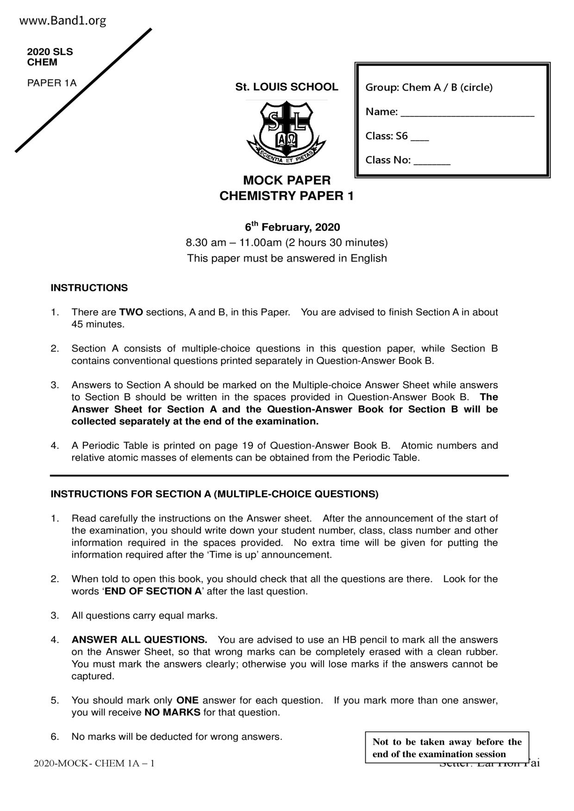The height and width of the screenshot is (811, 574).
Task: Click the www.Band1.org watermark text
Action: (63, 21)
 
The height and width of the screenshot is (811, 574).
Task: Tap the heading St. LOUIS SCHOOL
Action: (287, 87)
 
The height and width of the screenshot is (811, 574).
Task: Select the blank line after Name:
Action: (467, 113)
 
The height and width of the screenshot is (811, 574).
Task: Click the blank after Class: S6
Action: (419, 137)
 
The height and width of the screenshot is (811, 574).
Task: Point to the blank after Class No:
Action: (431, 161)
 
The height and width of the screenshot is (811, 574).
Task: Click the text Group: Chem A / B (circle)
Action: (429, 87)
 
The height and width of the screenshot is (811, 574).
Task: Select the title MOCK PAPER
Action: (287, 180)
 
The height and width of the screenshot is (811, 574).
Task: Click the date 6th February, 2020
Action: (292, 227)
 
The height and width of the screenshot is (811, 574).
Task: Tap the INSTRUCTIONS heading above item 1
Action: (89, 288)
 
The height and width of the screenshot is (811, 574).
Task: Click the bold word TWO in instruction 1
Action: (131, 312)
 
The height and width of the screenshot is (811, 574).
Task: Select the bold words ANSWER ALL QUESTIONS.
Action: (139, 640)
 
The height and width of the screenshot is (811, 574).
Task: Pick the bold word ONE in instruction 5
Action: (187, 700)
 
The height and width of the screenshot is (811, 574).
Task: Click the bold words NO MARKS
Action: (172, 713)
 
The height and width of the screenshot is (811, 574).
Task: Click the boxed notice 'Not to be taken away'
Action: (447, 748)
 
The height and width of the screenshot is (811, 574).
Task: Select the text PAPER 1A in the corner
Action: (52, 83)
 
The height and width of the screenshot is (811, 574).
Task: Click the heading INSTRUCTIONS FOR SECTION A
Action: (214, 494)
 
